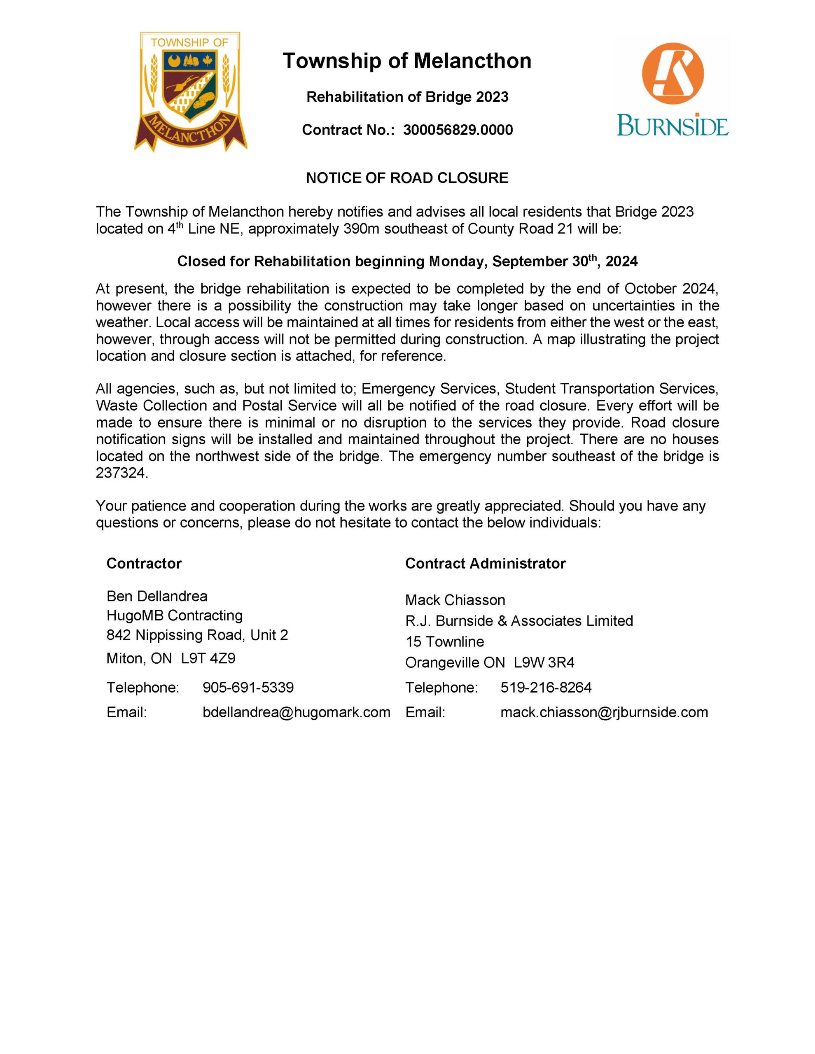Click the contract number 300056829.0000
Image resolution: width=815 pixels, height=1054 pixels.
click(458, 130)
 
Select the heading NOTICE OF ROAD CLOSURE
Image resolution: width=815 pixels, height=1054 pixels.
click(407, 178)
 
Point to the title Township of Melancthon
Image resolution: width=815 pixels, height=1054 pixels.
click(407, 61)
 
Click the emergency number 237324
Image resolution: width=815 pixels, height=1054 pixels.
click(120, 473)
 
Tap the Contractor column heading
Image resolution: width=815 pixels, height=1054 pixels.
click(144, 563)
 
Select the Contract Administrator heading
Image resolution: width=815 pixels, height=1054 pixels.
click(485, 563)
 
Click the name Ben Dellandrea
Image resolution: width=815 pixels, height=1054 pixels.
click(157, 596)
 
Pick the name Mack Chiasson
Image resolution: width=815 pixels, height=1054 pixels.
click(455, 600)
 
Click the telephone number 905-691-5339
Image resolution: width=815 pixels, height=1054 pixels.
click(248, 687)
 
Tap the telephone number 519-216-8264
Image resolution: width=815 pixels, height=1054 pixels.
click(546, 687)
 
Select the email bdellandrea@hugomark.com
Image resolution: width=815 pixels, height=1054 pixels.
click(297, 712)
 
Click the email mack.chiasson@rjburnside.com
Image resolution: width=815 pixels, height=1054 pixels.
click(604, 712)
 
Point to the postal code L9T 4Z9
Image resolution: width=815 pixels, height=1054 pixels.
click(208, 658)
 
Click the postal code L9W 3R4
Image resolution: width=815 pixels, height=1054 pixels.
click(544, 662)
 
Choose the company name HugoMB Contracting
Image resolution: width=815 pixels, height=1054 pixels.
click(174, 616)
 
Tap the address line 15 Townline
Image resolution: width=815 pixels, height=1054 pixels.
click(444, 641)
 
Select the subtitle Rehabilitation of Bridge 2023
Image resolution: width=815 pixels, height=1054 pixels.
click(407, 97)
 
